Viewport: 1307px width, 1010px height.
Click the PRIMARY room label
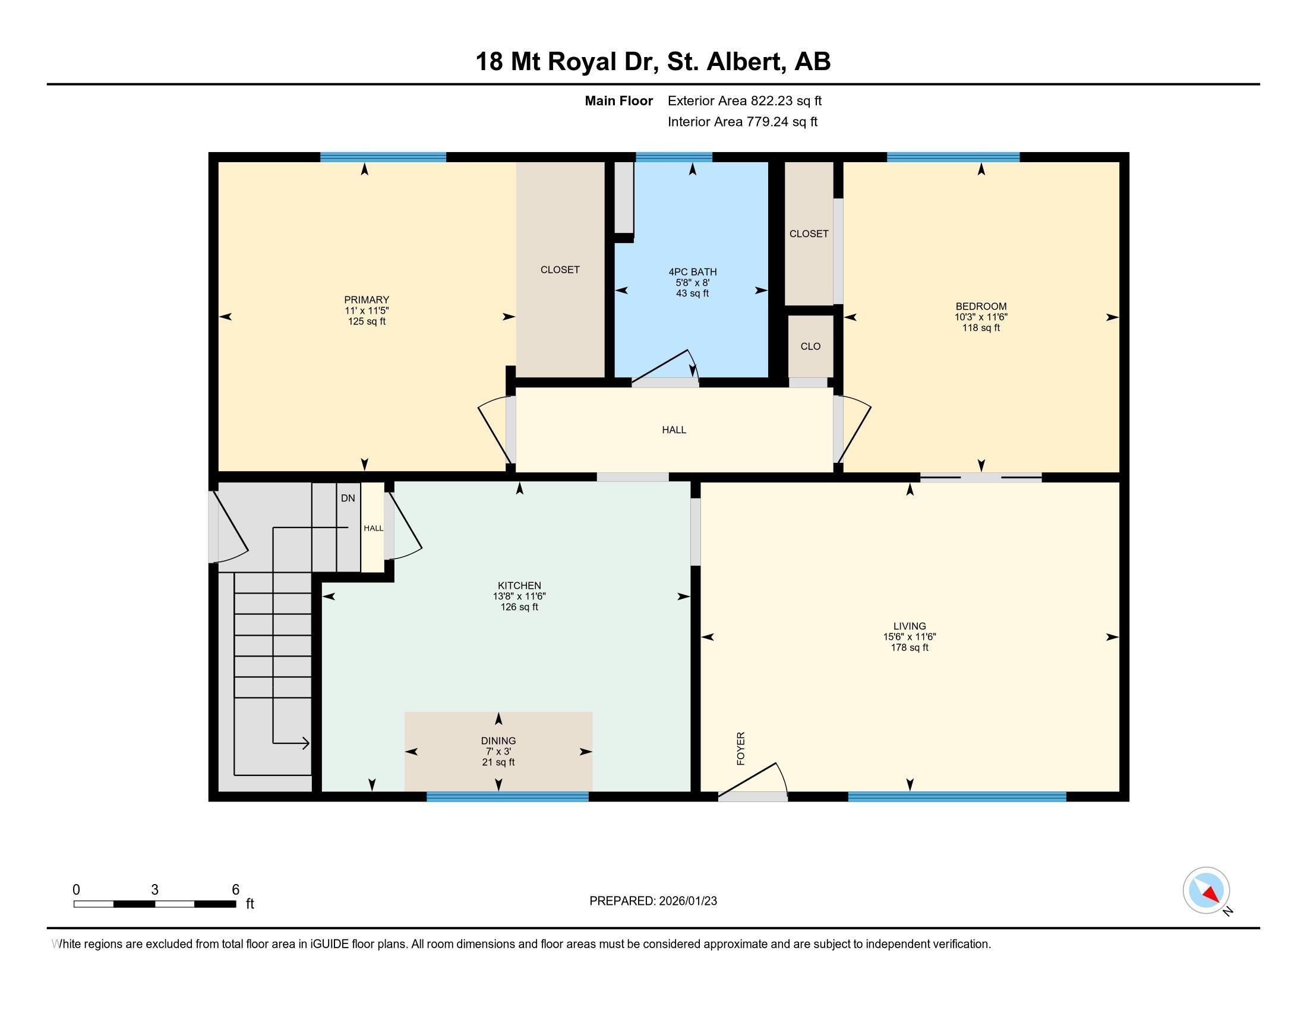coord(366,300)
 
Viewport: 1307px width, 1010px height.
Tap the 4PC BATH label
coord(692,272)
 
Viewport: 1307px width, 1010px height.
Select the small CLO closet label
coord(810,346)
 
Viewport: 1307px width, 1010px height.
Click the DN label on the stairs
coord(348,498)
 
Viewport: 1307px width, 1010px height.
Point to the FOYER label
coord(741,749)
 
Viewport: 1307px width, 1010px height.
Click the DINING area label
coord(498,741)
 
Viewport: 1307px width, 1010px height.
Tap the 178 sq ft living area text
coord(909,648)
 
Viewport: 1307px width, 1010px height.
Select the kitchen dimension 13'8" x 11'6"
coord(519,596)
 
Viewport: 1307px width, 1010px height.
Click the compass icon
coord(1206,890)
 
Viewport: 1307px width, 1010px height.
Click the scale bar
coord(154,904)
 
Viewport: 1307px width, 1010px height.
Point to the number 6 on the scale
coord(236,889)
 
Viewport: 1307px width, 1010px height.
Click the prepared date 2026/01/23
coord(687,901)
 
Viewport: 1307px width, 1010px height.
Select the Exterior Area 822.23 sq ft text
coord(744,100)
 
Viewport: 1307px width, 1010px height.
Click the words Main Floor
coord(618,100)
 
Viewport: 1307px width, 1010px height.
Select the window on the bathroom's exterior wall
coord(674,157)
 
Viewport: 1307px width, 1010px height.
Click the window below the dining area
coord(507,796)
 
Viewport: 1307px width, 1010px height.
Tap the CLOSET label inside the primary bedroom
coord(560,270)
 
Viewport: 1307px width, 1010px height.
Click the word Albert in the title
coord(746,62)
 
